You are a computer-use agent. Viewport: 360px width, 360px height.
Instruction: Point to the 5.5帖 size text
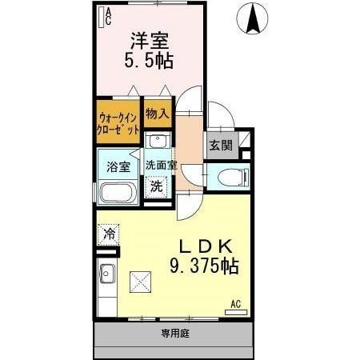[149, 60]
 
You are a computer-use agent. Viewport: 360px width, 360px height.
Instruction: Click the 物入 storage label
[157, 114]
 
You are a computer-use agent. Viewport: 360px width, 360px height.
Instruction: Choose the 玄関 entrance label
[221, 146]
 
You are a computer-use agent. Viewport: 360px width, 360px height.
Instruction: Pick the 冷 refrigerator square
[108, 235]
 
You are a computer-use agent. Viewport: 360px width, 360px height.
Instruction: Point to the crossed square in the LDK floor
[141, 282]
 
